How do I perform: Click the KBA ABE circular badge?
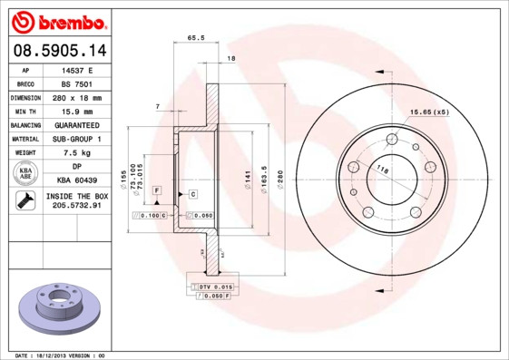click(26, 174)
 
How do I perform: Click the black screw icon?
click(25, 201)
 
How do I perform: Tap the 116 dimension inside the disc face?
click(383, 170)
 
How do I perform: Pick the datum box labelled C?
click(193, 194)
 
